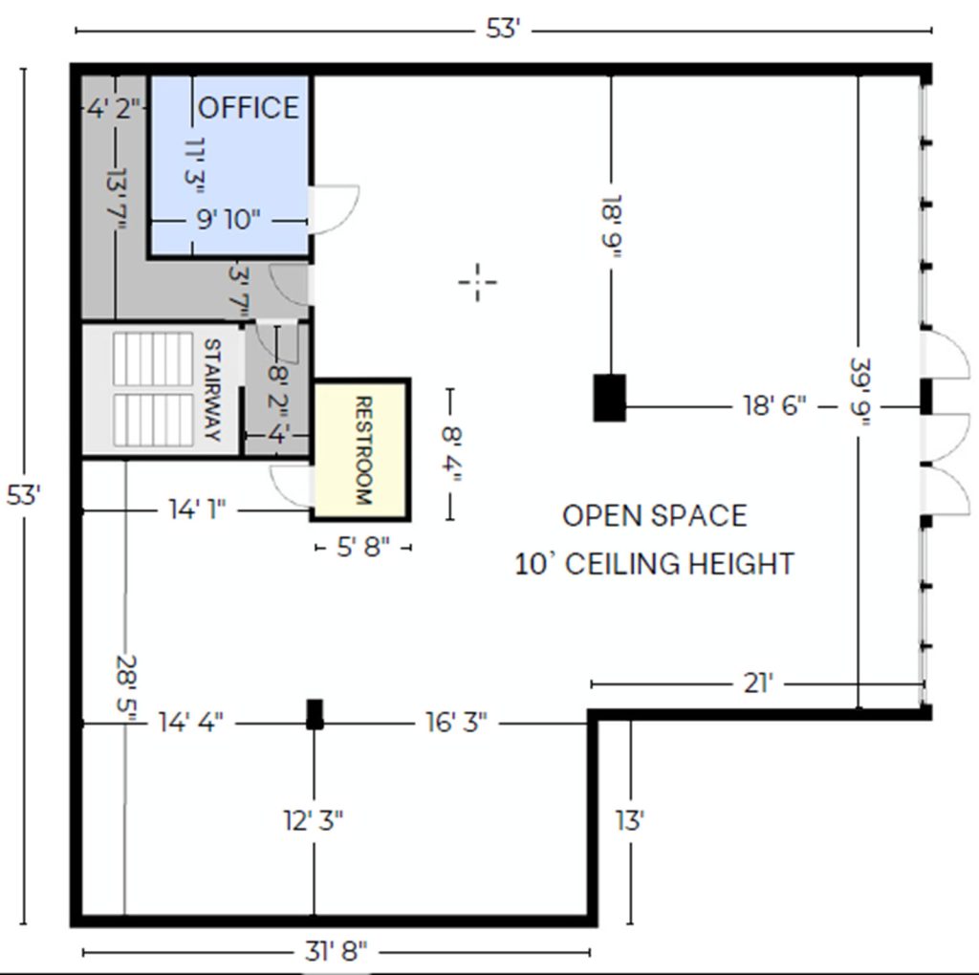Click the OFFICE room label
click(249, 108)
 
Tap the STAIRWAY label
click(212, 389)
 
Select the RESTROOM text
click(363, 450)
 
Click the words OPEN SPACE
click(654, 516)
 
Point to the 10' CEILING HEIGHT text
click(654, 564)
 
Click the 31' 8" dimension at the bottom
click(336, 951)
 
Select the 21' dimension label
click(758, 683)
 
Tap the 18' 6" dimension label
click(774, 405)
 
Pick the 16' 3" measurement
click(456, 723)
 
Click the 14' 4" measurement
click(190, 723)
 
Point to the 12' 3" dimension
click(314, 820)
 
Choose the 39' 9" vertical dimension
click(860, 393)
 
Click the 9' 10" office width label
click(228, 220)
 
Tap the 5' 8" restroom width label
click(363, 548)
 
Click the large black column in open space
click(609, 398)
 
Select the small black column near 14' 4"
click(315, 714)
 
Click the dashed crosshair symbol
click(478, 282)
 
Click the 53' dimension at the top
click(503, 29)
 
